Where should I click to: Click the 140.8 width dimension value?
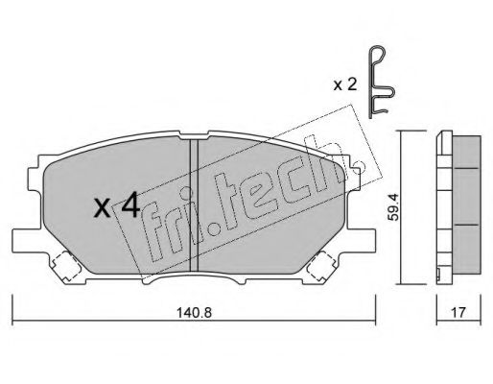[194, 312]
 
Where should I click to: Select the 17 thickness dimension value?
[458, 312]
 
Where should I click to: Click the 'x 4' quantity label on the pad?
[117, 205]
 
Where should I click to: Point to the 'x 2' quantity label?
[344, 85]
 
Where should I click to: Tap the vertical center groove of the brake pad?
[194, 205]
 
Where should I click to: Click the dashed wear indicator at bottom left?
[65, 266]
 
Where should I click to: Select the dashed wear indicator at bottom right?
[320, 266]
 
